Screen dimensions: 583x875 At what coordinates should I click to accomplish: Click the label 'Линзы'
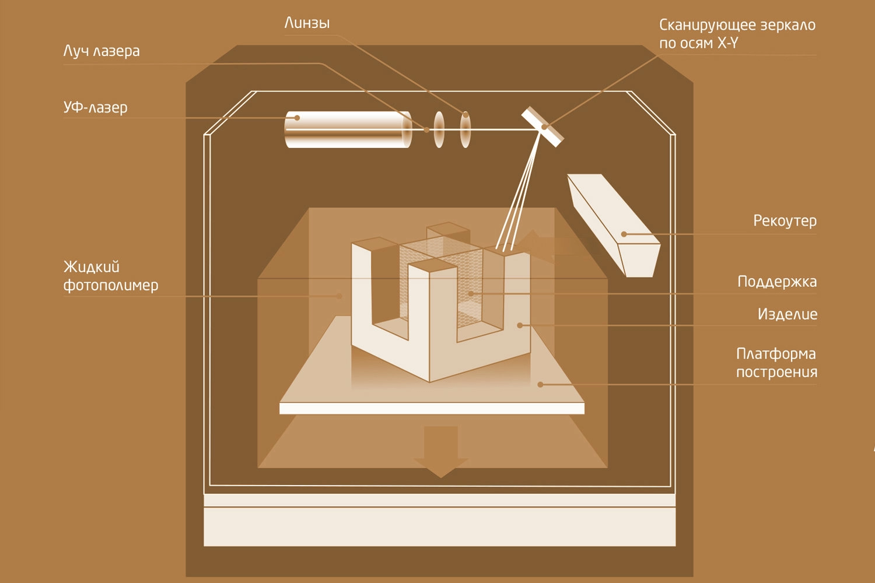[x=307, y=23]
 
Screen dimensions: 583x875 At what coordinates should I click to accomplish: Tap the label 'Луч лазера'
[x=101, y=51]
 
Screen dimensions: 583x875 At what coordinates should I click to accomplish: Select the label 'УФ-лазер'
[x=95, y=108]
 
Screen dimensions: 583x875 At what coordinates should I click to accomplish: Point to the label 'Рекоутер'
[x=785, y=221]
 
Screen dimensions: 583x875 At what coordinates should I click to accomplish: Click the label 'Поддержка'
[x=777, y=282]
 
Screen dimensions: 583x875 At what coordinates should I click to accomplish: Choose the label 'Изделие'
[x=787, y=314]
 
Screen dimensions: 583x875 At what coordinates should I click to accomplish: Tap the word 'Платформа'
[x=776, y=354]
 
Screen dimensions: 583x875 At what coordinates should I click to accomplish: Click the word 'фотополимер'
[x=111, y=286]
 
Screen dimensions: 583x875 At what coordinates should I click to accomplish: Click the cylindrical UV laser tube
[x=348, y=129]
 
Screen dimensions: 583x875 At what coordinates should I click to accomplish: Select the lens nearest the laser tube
[x=439, y=129]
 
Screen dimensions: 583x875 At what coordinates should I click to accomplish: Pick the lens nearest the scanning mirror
[x=465, y=129]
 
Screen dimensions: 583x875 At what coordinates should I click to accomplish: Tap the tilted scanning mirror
[x=542, y=127]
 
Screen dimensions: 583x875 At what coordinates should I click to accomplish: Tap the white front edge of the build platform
[x=432, y=408]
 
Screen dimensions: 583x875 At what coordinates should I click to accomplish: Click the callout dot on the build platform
[x=540, y=385]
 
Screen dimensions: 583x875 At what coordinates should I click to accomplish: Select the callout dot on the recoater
[x=624, y=234]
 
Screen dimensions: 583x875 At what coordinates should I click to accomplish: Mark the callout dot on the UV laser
[x=297, y=118]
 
